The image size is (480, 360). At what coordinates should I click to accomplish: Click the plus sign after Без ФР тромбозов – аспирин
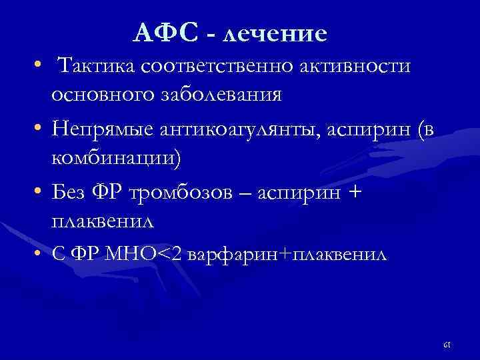[355, 193]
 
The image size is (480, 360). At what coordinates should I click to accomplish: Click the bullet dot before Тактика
[41, 65]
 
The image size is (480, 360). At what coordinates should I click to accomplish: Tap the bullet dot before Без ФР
[41, 193]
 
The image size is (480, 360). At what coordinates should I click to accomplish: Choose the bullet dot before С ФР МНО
[41, 254]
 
